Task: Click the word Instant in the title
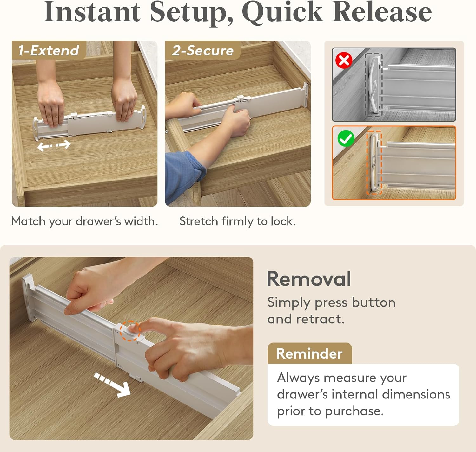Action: [92, 12]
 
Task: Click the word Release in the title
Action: [382, 12]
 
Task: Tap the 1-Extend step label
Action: [48, 50]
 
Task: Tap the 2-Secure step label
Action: [202, 50]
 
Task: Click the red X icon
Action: [344, 60]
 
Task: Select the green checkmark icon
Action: [346, 138]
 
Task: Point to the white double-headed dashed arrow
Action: [54, 146]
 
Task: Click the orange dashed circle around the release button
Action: [130, 331]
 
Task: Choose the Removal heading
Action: [309, 279]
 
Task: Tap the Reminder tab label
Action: [309, 353]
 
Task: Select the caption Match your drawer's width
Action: [84, 221]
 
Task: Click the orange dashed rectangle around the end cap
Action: [374, 163]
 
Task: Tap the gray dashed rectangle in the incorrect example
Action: [374, 85]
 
